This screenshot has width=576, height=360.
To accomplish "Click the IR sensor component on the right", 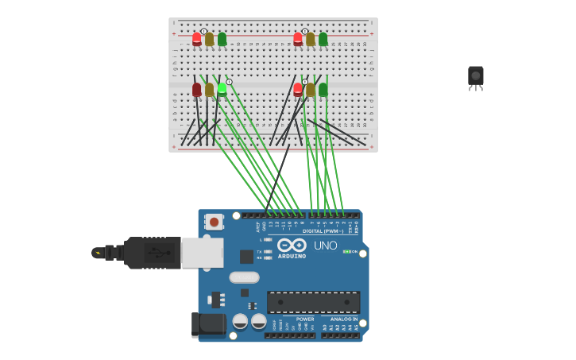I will point(475,76).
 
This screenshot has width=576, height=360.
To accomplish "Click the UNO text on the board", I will point(325,246).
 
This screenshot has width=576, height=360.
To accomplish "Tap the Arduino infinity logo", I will point(292,245).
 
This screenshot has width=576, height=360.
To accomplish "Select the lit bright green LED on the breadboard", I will point(222,89).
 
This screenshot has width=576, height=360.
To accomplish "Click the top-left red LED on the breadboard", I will point(197,38).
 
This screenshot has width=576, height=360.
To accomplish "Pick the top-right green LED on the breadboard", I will point(323,38).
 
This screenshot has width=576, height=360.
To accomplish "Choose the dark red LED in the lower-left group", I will point(197,89).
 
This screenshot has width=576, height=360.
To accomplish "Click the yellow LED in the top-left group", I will point(209,38).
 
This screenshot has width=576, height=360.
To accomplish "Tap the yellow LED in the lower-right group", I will point(311,89).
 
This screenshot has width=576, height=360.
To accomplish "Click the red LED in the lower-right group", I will point(298,89).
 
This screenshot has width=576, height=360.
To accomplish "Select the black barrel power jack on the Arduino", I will point(208,324).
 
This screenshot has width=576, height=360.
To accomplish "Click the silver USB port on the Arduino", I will point(202,252).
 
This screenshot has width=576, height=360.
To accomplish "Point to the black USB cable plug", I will point(150,253).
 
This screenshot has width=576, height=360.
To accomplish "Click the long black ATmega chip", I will point(313,302).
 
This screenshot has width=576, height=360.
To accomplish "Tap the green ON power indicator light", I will point(346,251).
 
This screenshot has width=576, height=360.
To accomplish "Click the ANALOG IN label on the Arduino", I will point(344,319).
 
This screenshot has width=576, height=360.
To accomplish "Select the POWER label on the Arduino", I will point(305,319).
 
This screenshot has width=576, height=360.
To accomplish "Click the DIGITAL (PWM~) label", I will point(323,231).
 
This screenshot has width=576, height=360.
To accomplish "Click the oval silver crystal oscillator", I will point(244,277).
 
